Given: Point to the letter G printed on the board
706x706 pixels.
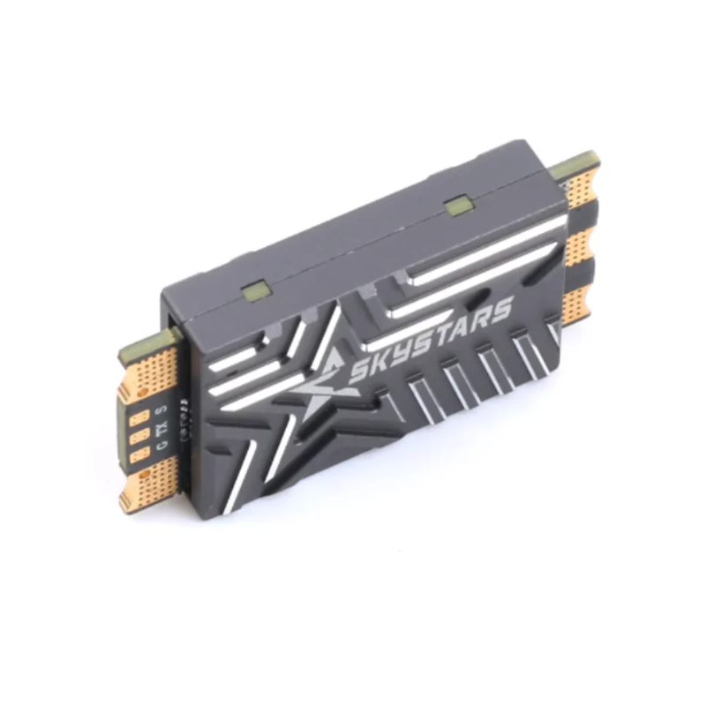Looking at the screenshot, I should (161, 447).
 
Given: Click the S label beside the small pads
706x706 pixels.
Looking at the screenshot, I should (161, 411).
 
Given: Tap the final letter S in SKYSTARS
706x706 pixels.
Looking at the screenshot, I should (499, 312).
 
